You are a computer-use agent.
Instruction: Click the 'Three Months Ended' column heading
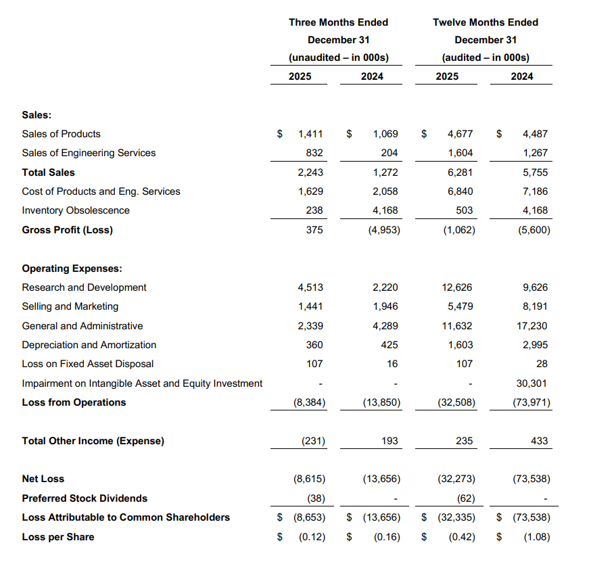point(338,22)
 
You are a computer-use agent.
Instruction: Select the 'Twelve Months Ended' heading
point(485,22)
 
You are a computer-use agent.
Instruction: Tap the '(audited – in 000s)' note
point(485,57)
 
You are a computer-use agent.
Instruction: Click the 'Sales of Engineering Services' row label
point(89,153)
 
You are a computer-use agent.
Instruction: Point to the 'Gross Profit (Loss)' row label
point(67,230)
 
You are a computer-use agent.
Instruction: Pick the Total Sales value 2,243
point(310,172)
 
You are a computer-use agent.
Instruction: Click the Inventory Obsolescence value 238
point(314,210)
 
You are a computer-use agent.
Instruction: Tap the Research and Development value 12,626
point(460,287)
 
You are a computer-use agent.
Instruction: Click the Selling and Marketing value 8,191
point(534,306)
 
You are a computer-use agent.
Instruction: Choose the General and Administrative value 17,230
point(532,326)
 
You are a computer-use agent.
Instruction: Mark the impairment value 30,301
point(532,383)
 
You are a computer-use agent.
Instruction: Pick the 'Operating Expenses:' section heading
point(72,268)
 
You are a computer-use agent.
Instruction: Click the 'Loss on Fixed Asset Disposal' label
point(88,364)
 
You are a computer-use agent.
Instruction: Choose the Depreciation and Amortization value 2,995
point(534,345)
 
